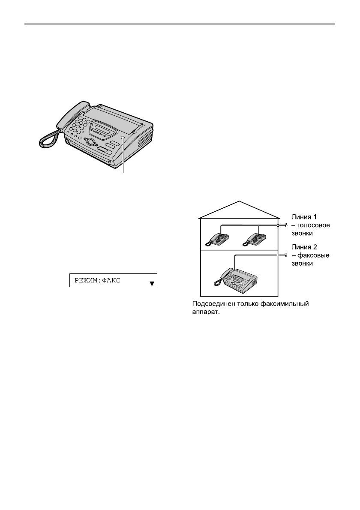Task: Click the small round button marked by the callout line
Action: click(x=123, y=138)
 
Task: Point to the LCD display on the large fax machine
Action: click(x=102, y=127)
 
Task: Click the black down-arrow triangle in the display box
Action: click(x=152, y=283)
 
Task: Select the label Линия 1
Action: click(x=304, y=218)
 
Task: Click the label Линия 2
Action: click(x=304, y=248)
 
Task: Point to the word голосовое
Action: click(x=313, y=226)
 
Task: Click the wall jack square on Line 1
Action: click(x=278, y=225)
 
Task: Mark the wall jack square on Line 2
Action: click(x=278, y=255)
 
